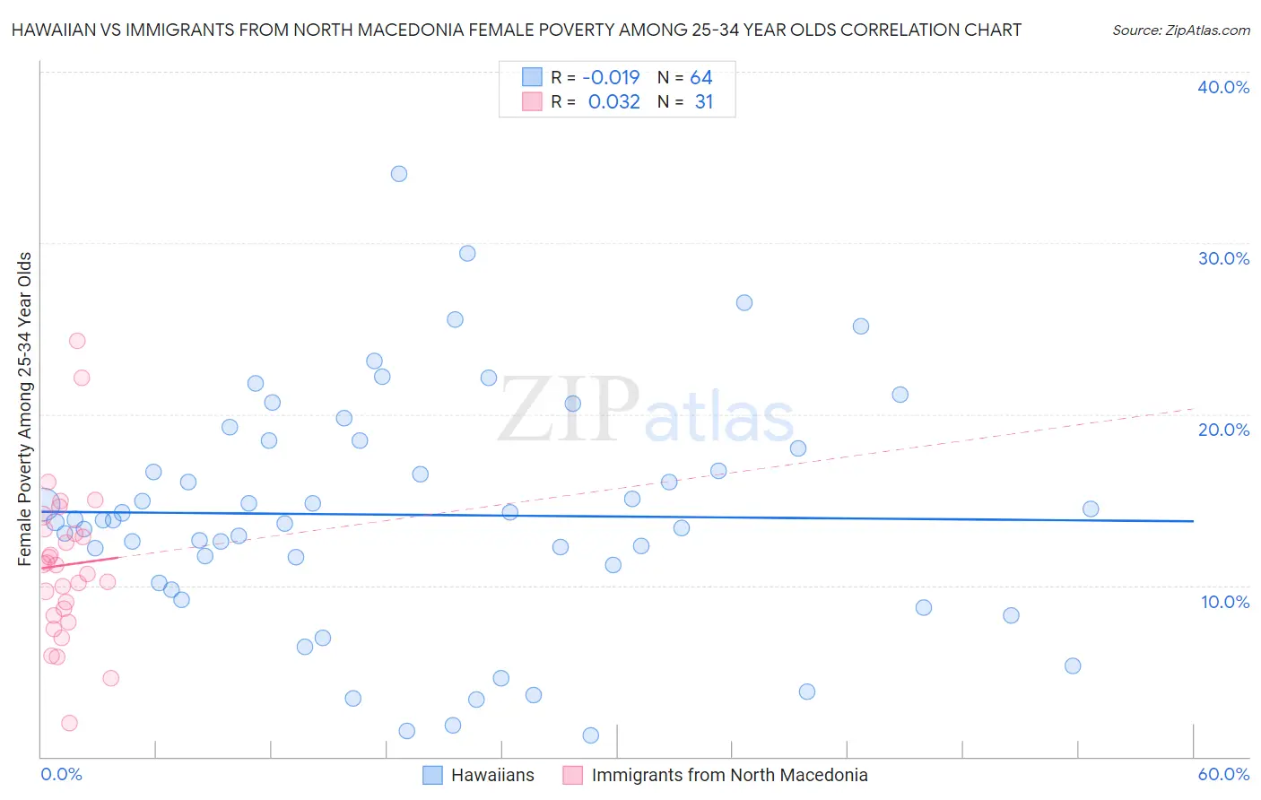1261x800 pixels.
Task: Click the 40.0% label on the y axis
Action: [1223, 87]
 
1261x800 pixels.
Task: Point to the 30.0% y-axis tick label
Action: [1223, 258]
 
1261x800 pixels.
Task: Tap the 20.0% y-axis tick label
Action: [1223, 430]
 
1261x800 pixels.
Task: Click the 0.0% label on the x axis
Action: [61, 774]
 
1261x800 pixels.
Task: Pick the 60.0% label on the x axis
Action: [1223, 774]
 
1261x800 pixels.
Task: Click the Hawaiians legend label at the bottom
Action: [492, 775]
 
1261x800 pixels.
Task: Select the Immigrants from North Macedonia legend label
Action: [729, 775]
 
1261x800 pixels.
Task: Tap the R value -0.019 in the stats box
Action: [611, 78]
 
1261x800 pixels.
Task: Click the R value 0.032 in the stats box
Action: [613, 102]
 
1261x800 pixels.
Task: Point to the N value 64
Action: [701, 78]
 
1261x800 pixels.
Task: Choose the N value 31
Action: [704, 102]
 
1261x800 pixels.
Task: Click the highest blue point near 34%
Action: [399, 174]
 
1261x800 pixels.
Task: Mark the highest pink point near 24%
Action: [77, 341]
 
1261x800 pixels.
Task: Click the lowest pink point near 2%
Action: [69, 723]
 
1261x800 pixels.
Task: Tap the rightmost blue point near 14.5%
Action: [1091, 509]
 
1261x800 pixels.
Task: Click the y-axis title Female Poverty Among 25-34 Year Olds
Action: [25, 409]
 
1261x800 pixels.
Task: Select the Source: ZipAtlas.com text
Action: [1180, 30]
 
